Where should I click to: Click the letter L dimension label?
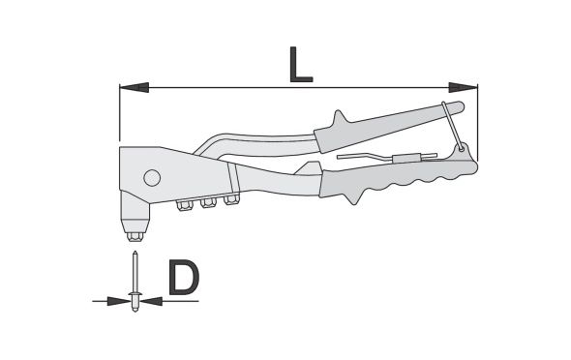pos(301,65)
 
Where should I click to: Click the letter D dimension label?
pos(184,277)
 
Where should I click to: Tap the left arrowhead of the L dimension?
pos(134,87)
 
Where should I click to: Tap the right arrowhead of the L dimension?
pos(463,87)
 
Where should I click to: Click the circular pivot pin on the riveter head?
pos(152,178)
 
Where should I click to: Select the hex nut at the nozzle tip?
pos(135,237)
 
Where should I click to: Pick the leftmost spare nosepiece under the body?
pos(185,206)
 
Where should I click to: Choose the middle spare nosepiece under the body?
pos(208,203)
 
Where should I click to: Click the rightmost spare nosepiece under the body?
pos(231,199)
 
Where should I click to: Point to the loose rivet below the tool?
pos(135,282)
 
